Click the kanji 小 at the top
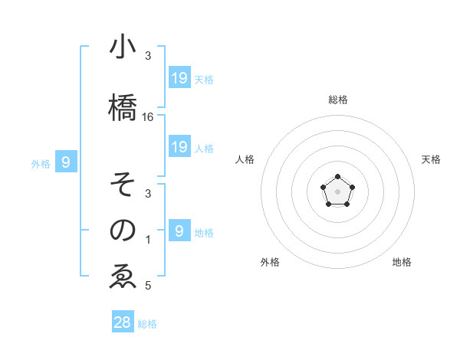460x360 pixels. (x=123, y=47)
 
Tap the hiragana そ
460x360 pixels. (x=123, y=185)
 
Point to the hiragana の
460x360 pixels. (x=123, y=230)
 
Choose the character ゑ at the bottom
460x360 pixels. (x=123, y=277)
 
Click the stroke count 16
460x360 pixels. (x=148, y=117)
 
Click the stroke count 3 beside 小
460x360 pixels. (x=148, y=57)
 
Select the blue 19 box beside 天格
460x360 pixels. (x=179, y=77)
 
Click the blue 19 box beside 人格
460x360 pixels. (x=179, y=146)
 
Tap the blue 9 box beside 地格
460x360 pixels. (x=179, y=231)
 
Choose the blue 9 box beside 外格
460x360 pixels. (x=67, y=162)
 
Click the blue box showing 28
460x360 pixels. (x=123, y=322)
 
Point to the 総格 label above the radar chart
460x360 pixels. (x=338, y=100)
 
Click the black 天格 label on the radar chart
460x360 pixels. (x=432, y=159)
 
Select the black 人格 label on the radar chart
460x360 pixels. (x=245, y=159)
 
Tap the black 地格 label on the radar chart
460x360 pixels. (x=402, y=262)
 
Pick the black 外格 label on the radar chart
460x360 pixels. (x=270, y=262)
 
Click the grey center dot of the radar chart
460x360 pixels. (x=337, y=190)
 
